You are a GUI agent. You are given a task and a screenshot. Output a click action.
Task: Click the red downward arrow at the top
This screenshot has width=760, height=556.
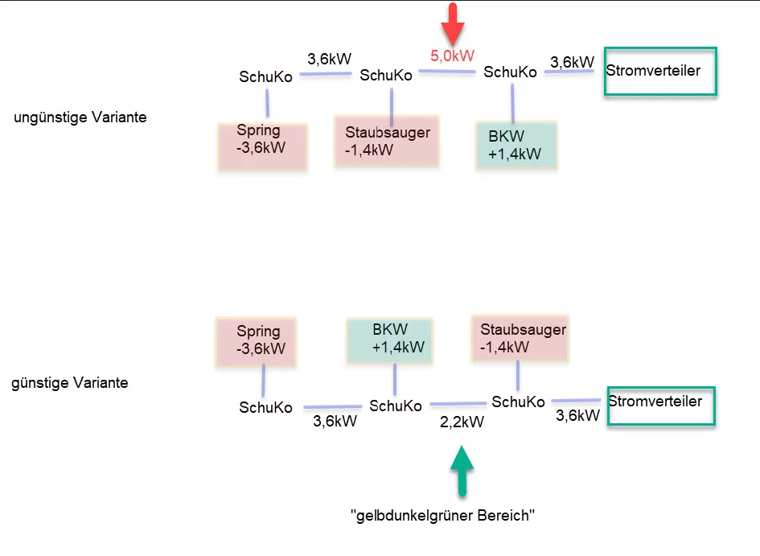point(454,23)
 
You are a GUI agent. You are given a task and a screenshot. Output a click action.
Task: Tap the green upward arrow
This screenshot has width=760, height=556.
point(462,471)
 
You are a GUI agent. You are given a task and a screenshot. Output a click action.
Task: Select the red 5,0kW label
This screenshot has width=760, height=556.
point(453,56)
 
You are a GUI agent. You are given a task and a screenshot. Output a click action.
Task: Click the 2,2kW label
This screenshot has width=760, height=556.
point(462,422)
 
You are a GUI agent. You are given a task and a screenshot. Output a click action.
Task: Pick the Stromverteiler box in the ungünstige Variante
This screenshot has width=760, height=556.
point(660,71)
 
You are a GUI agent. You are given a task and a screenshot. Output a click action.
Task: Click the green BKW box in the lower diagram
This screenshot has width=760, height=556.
point(390,338)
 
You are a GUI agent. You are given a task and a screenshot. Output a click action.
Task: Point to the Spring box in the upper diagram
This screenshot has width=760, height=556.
point(262,146)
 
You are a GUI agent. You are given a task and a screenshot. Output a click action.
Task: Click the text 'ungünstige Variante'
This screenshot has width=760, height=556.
point(80,117)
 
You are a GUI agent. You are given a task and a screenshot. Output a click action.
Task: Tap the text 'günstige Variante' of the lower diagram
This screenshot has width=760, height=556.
point(70,383)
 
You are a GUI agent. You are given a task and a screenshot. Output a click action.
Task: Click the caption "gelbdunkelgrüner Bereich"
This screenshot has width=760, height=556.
point(443,516)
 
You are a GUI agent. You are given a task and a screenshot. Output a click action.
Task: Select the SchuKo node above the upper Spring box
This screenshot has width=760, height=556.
point(265,77)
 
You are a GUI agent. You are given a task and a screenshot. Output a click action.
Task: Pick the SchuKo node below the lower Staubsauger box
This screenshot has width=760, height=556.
point(518,402)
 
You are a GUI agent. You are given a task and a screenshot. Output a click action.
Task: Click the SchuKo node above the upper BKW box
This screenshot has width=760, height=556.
point(510,72)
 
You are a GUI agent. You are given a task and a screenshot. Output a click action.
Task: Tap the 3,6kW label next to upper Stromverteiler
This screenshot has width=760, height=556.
point(572,62)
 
